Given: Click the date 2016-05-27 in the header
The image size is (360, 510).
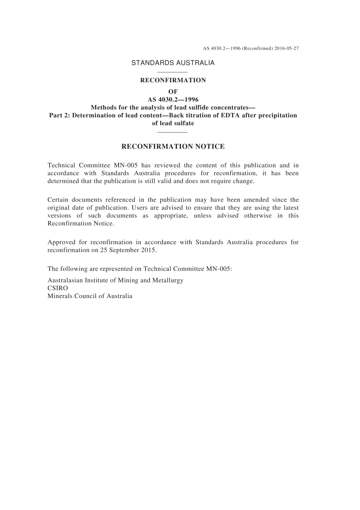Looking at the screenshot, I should (x=287, y=49).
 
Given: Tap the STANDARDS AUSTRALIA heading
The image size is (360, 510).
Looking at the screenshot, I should (x=173, y=63).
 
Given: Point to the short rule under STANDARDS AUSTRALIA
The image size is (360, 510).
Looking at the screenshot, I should (x=173, y=72).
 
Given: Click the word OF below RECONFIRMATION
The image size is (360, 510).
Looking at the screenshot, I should (x=173, y=91).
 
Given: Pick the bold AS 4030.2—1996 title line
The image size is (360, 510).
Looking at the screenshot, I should (x=173, y=100).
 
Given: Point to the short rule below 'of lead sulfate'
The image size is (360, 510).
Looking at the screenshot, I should (x=173, y=132).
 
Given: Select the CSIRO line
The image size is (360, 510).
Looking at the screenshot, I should (x=58, y=288).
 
